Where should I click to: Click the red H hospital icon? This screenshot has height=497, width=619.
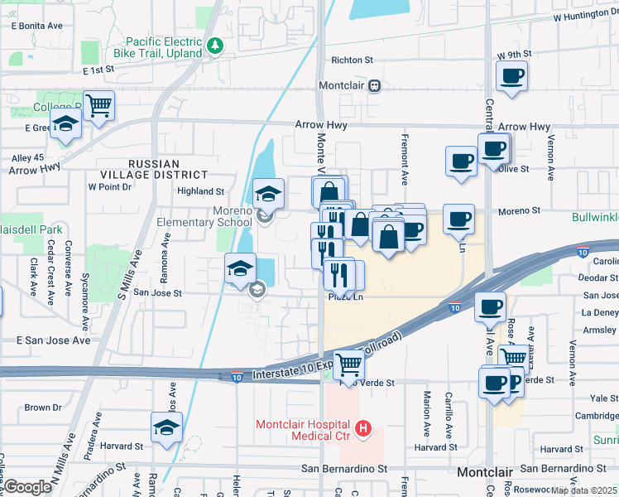coord(362,428)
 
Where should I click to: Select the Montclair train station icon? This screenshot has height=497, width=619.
coord(374,86)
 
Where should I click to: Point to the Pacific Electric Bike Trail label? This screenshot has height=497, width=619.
coord(164,47)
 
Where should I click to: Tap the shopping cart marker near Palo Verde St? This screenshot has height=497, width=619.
coord(348,363)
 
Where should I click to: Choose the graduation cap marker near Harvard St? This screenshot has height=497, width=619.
coord(166,428)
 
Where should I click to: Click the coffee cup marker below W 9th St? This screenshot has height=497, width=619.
coord(511,76)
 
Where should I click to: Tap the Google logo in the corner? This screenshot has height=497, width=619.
coord(27,487)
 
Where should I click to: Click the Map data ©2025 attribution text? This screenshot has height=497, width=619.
coord(584,490)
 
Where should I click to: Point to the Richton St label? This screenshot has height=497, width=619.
coord(353,60)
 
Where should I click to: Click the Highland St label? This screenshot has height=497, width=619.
coord(201,191)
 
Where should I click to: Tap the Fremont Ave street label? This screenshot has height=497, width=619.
coord(405,158)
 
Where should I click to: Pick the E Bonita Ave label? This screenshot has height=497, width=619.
coord(37,27)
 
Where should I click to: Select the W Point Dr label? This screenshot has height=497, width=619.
coord(110,187)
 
